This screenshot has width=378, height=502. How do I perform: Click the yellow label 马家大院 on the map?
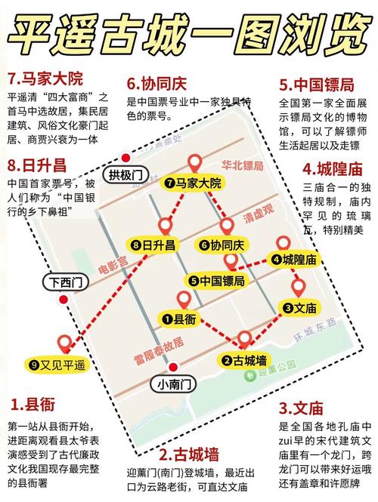pos(194,183)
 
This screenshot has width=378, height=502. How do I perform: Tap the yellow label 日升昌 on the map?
pos(153,245)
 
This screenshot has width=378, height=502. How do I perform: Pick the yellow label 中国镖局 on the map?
pos(217,281)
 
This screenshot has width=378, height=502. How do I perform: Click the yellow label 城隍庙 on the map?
pos(294,259)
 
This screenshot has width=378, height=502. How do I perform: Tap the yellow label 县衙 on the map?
pos(179,320)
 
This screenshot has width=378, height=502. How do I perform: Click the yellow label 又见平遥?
pos(58,365)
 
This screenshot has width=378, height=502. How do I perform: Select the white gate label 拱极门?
pos(125,175)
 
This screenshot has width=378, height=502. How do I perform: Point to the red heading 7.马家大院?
pos(45,78)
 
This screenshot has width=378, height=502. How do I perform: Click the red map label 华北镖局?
pos(242,165)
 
